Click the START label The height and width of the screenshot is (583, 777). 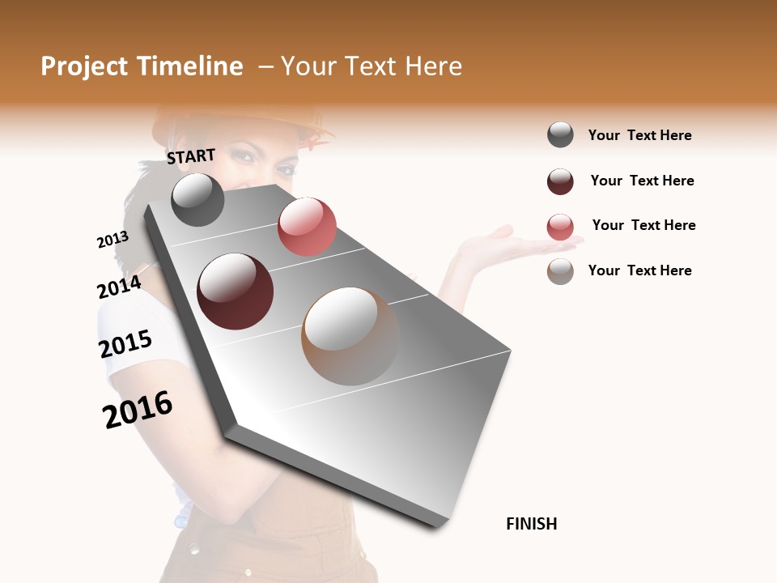point(191,156)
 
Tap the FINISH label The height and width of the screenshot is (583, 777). point(531,524)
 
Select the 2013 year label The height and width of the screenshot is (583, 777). point(113,240)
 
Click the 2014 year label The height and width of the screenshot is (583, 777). point(119,287)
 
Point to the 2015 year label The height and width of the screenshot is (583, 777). point(125,343)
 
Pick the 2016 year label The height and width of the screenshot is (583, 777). point(138,409)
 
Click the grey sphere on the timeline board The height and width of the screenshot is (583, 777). point(197,199)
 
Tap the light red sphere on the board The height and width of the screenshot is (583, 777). point(307,227)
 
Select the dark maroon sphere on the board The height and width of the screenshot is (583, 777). point(236,291)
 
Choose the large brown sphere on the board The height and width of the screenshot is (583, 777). point(350,336)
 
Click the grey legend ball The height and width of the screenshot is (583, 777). point(560,134)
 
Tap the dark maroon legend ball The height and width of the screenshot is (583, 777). point(560,181)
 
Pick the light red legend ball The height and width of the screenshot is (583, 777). point(560,227)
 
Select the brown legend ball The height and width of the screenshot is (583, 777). point(560,271)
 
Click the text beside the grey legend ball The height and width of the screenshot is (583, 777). point(639,135)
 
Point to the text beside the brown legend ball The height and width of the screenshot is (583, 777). point(639,270)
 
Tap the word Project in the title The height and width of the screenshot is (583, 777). point(84,66)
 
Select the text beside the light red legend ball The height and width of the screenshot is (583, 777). point(643,225)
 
